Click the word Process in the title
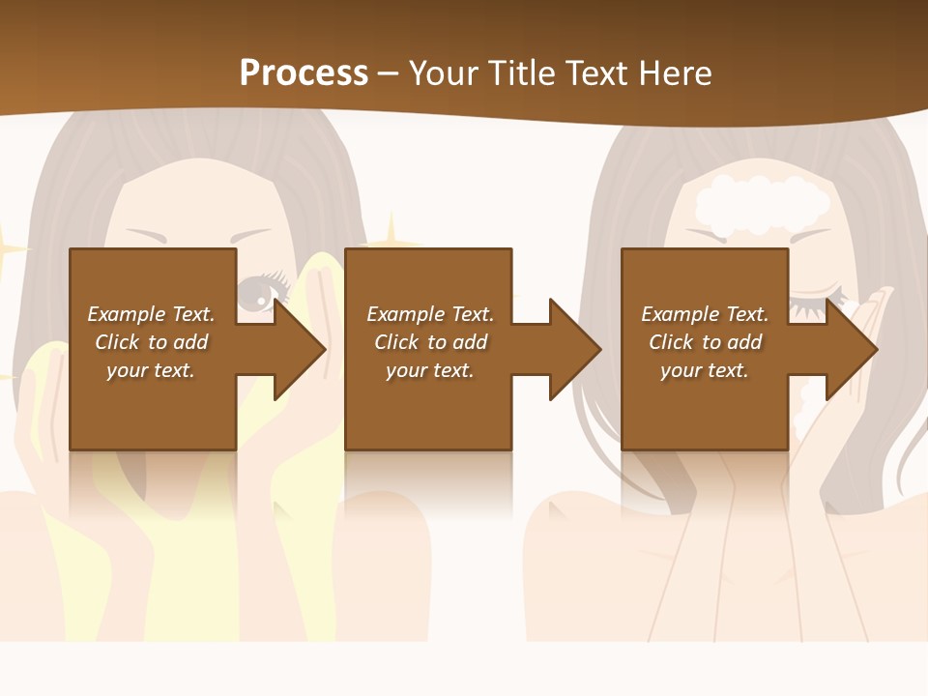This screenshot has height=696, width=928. [304, 73]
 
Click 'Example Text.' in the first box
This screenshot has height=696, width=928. [151, 314]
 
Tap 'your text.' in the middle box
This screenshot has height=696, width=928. [429, 370]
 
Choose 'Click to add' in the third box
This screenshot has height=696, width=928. [705, 342]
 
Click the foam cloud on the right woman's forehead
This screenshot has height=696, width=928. [762, 201]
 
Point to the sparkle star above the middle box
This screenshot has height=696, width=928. [391, 232]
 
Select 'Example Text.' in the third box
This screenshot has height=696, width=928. [705, 314]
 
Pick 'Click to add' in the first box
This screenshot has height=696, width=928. [151, 342]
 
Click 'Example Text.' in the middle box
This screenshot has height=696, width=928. [429, 314]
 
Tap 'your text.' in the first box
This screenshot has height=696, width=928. [151, 370]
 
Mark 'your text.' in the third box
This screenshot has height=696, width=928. [705, 370]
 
